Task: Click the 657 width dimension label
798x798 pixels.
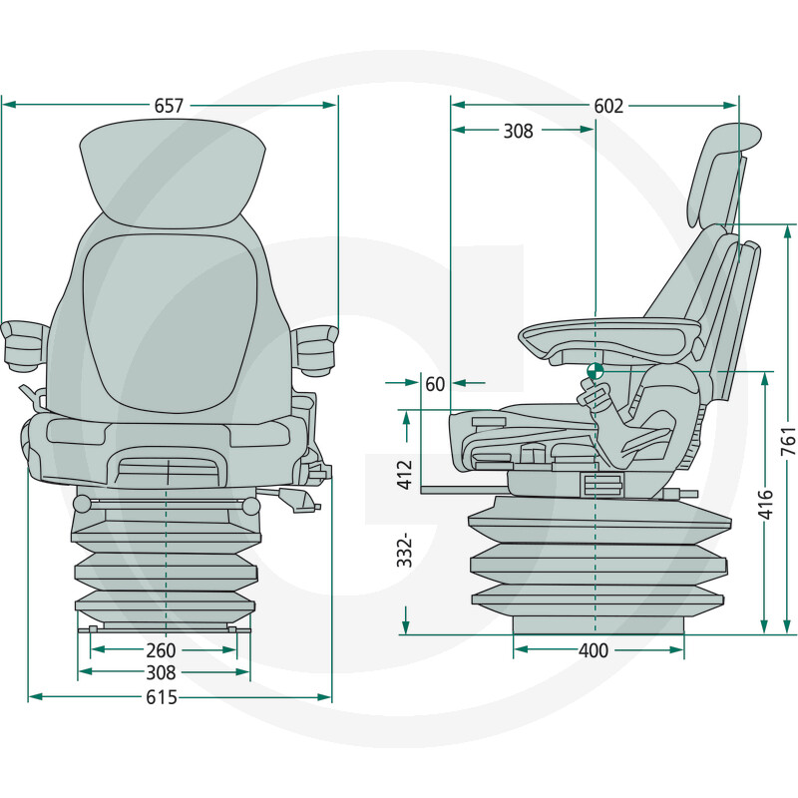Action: [x=169, y=105]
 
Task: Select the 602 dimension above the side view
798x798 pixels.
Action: [x=607, y=106]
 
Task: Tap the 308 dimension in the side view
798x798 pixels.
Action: [x=518, y=131]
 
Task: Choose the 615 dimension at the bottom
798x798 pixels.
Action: [x=161, y=697]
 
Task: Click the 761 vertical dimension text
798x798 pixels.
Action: [x=787, y=436]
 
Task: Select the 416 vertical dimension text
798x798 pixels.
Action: [x=763, y=504]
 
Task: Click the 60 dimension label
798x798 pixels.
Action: [x=435, y=383]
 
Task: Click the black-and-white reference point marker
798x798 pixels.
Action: [x=595, y=370]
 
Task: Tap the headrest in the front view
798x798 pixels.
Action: [x=173, y=170]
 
